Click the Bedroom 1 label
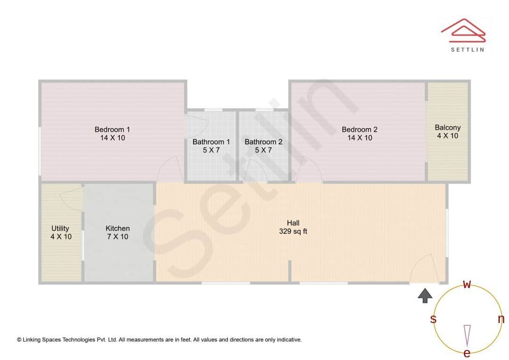pyautogui.click(x=112, y=130)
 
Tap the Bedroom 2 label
pyautogui.click(x=360, y=130)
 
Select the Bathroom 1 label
pyautogui.click(x=211, y=142)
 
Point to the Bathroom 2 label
pyautogui.click(x=263, y=142)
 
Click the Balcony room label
pyautogui.click(x=448, y=127)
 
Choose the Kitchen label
pyautogui.click(x=118, y=229)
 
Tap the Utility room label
pyautogui.click(x=60, y=229)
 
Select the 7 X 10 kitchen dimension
pyautogui.click(x=118, y=237)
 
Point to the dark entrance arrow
pyautogui.click(x=425, y=295)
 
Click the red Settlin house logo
pyautogui.click(x=463, y=29)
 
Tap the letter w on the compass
pyautogui.click(x=467, y=284)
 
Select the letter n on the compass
pyautogui.click(x=501, y=319)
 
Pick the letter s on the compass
pyautogui.click(x=433, y=319)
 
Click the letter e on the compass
pyautogui.click(x=467, y=353)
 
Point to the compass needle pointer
pyautogui.click(x=467, y=335)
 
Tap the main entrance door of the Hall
pyautogui.click(x=424, y=270)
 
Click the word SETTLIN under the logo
pyautogui.click(x=467, y=49)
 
